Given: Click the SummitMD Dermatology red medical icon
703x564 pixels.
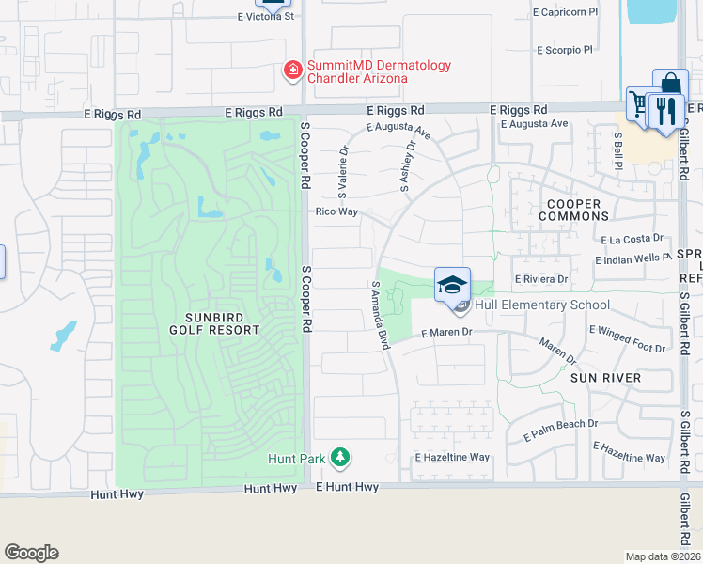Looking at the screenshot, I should pyautogui.click(x=292, y=70).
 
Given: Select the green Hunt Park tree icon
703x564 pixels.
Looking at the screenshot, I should pyautogui.click(x=339, y=459).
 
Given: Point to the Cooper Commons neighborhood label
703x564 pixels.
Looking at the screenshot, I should pyautogui.click(x=573, y=210).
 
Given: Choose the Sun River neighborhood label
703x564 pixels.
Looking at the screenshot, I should pyautogui.click(x=605, y=378).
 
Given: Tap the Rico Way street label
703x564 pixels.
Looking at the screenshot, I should pyautogui.click(x=336, y=211).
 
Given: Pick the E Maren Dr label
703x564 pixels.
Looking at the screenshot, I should pyautogui.click(x=445, y=333).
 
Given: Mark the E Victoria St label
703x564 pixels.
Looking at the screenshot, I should pyautogui.click(x=267, y=17).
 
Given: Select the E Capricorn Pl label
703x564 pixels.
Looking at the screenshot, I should pyautogui.click(x=565, y=13).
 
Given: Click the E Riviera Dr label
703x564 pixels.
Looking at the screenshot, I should pyautogui.click(x=542, y=279).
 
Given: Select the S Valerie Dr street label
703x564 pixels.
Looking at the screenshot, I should pyautogui.click(x=343, y=169).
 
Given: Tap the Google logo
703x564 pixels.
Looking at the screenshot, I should pyautogui.click(x=31, y=553).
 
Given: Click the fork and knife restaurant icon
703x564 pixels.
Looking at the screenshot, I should pyautogui.click(x=664, y=110).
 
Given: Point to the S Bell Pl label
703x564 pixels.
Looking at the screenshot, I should pyautogui.click(x=618, y=149).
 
